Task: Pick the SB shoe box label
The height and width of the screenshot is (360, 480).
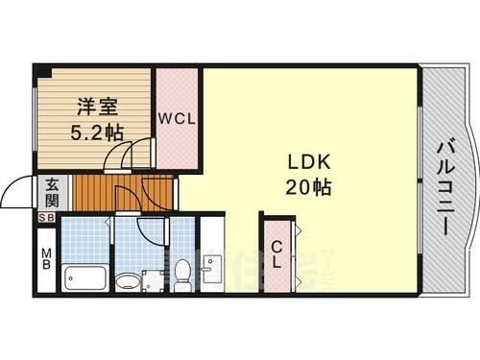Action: [46, 219]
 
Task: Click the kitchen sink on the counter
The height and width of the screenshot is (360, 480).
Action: [213, 270]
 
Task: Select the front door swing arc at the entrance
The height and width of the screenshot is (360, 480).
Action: [17, 192]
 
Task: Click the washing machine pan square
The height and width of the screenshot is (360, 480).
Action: [154, 280]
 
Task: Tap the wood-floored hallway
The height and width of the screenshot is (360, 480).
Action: [106, 192]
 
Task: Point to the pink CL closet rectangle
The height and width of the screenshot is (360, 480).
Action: [276, 255]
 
